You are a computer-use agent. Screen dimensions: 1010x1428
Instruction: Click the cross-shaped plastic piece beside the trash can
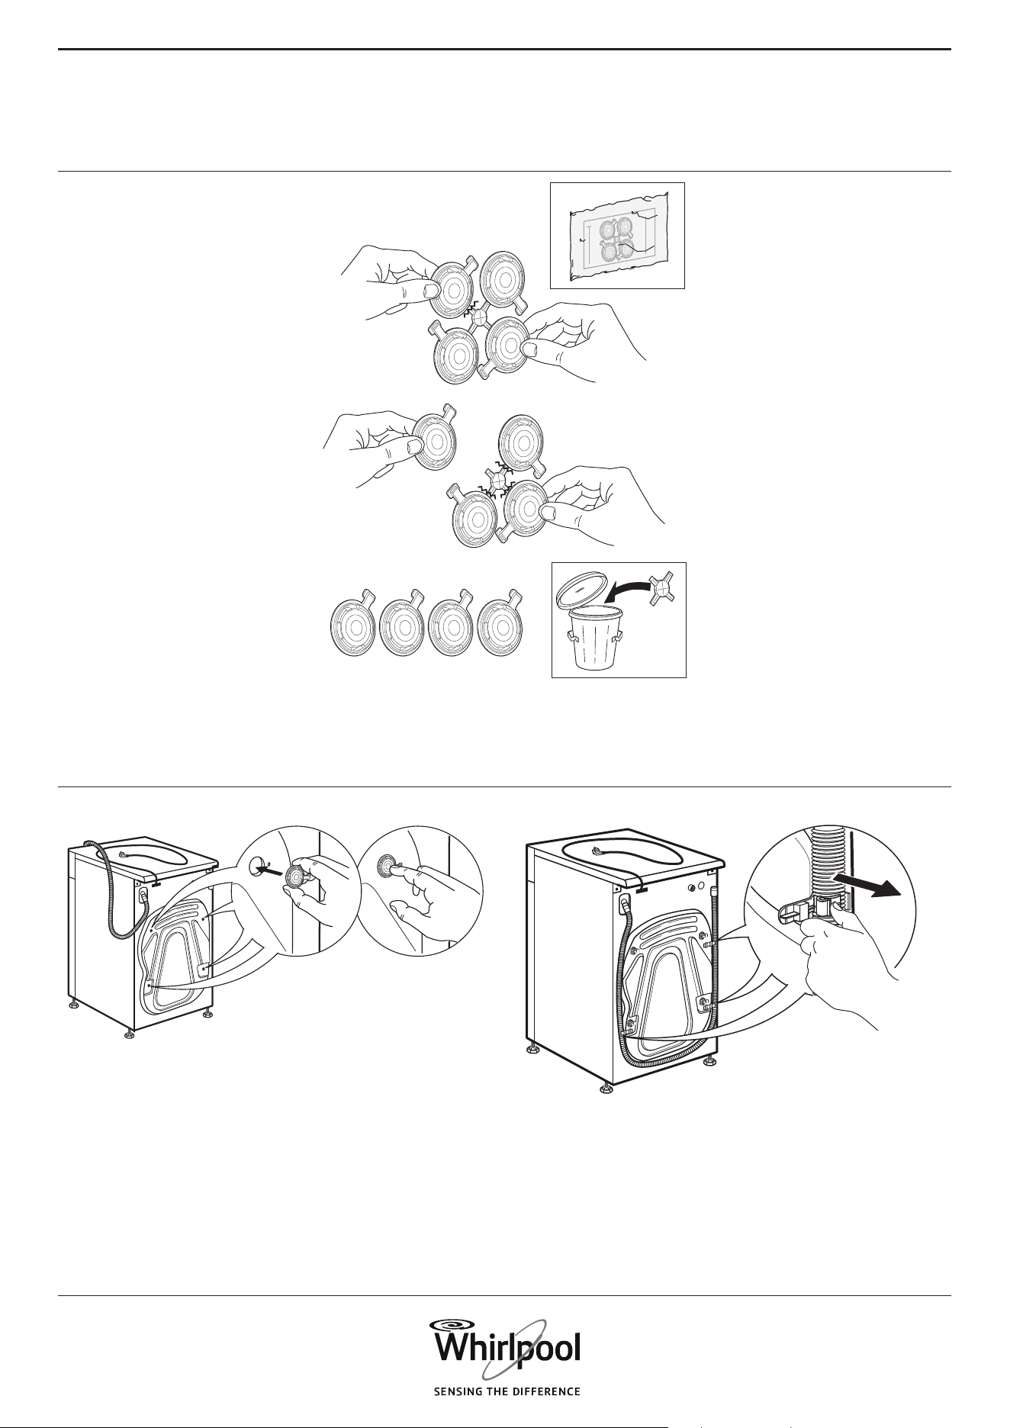[663, 589]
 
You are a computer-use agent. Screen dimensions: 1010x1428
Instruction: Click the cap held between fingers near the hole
[294, 878]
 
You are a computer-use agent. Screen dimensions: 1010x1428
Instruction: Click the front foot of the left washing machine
[128, 1034]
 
